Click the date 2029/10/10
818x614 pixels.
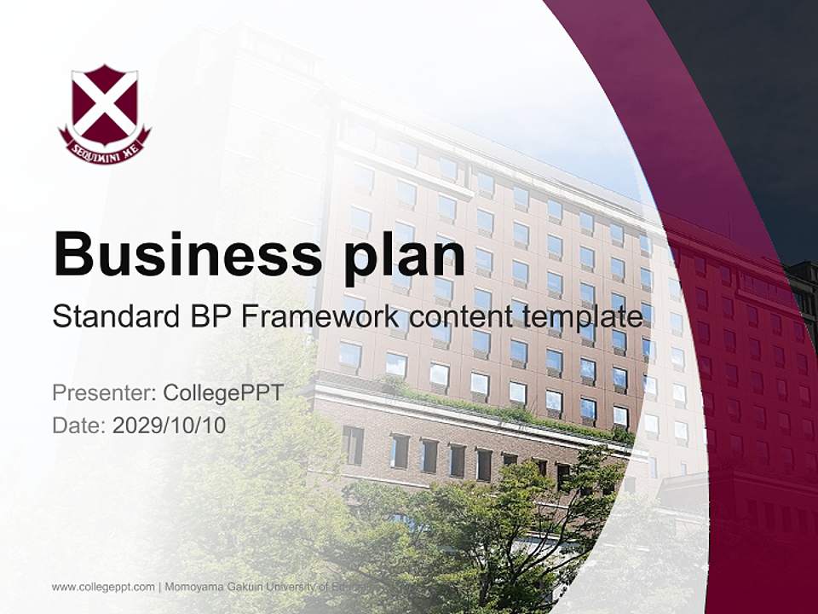pos(170,425)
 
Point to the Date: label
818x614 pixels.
pos(79,425)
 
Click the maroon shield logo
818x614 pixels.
pos(104,107)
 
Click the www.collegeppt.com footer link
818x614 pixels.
pos(103,587)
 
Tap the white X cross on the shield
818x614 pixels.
pos(104,101)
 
